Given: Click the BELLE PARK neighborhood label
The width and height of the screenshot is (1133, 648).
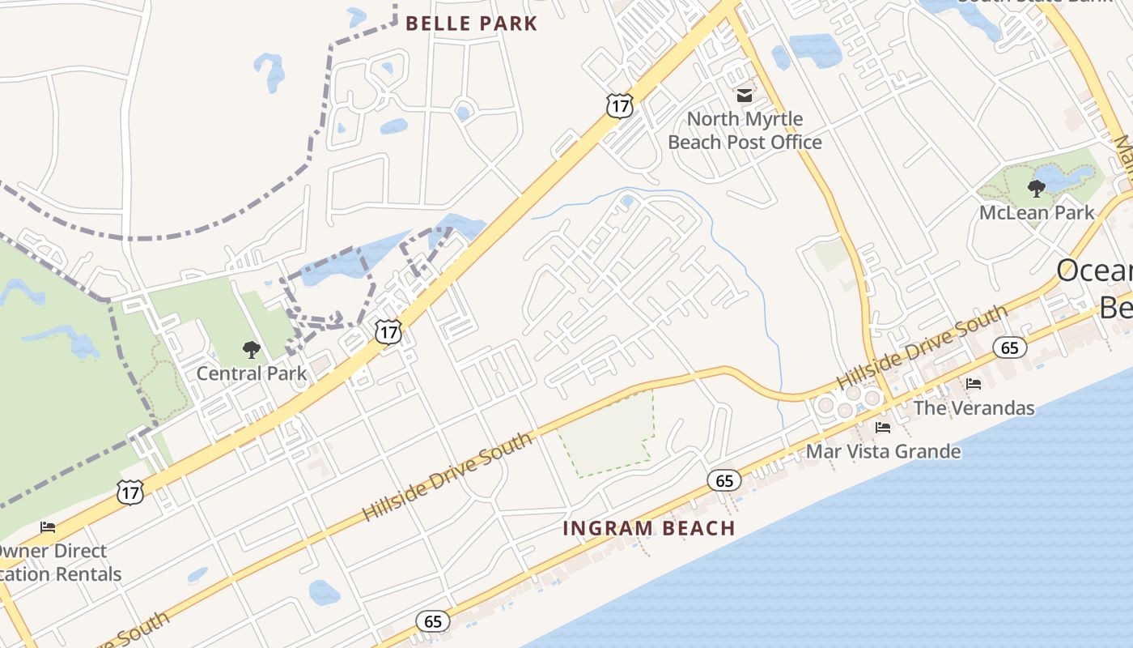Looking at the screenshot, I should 472,23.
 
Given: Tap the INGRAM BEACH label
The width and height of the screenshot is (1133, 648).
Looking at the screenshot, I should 649,528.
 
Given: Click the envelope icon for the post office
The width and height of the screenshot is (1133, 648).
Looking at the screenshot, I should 745,96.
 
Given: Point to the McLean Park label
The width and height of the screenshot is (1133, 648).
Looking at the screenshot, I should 1037,213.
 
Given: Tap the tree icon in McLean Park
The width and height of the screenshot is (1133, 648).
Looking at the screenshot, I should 1036,190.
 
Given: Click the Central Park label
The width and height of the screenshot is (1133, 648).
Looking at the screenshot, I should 252,373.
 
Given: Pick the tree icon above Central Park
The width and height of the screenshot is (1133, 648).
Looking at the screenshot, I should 252,350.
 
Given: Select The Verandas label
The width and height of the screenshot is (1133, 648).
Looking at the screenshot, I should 974,407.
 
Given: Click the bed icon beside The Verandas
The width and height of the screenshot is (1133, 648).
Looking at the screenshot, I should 973,383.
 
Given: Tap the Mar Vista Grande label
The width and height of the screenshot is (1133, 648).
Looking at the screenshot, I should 883,451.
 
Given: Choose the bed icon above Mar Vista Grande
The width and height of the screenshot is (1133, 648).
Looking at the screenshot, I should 883,427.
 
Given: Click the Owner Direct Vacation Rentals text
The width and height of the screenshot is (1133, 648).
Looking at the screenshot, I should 57,563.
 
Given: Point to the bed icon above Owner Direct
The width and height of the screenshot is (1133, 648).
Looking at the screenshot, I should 48,527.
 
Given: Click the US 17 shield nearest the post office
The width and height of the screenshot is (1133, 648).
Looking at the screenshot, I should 619,105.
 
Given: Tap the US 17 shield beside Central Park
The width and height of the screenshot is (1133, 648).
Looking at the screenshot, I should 388,330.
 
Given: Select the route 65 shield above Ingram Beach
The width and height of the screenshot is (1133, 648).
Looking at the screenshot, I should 724,480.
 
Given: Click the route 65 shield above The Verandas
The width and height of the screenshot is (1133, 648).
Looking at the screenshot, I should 1009,347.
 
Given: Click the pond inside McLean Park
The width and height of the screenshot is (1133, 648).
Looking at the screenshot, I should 1067,176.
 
